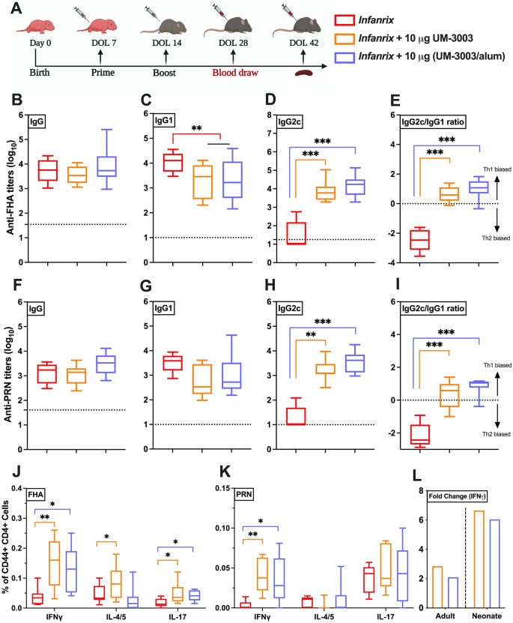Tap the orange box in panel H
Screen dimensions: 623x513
[325, 368]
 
